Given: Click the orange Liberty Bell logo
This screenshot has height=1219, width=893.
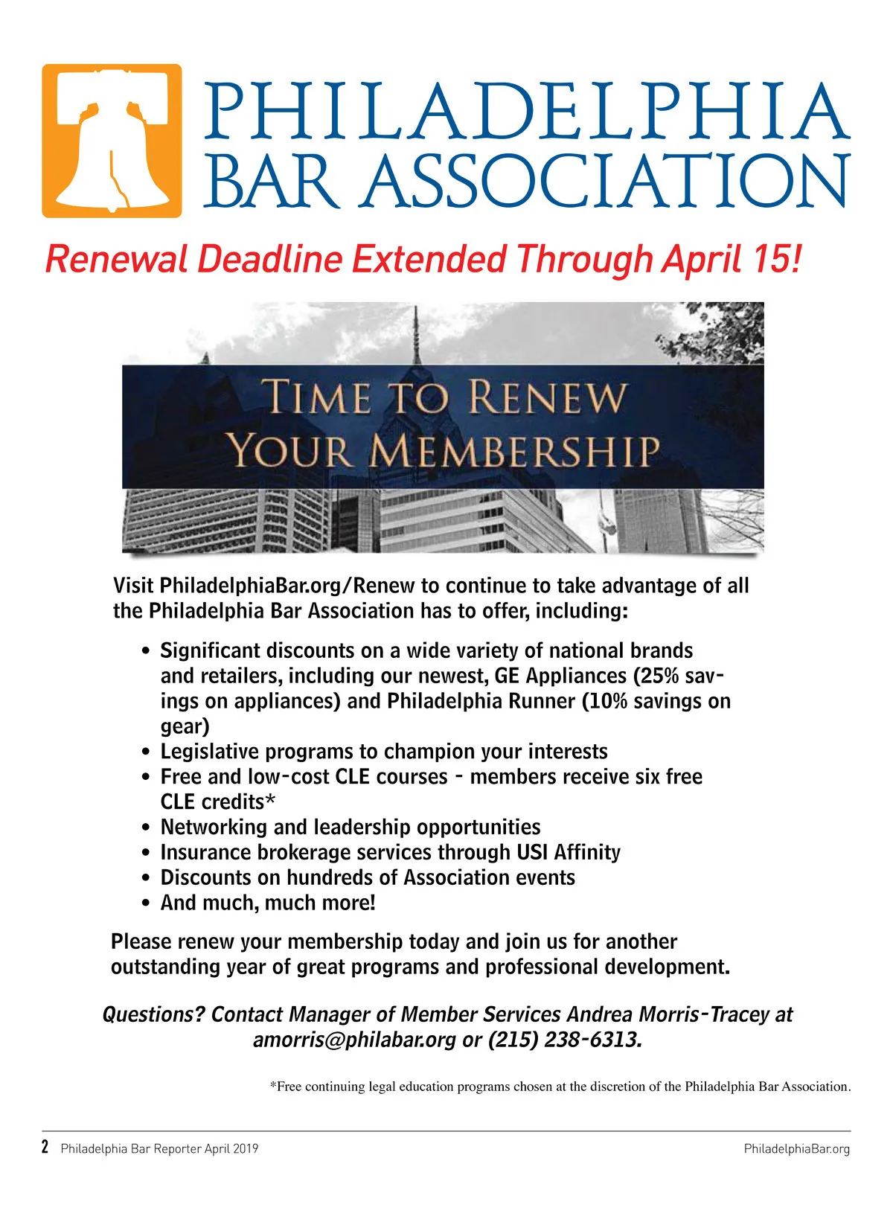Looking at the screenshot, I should [x=112, y=141].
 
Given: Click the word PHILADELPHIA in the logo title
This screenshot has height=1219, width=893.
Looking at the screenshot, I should [x=526, y=112].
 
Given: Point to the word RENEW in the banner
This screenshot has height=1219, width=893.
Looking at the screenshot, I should [x=548, y=397].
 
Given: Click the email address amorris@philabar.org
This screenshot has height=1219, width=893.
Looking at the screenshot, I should [x=354, y=1040].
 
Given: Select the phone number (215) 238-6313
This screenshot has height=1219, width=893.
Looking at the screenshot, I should [x=564, y=1040].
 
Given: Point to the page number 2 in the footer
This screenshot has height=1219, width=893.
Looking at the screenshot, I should [x=45, y=1147].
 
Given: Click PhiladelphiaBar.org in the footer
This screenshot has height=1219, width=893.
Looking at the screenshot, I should [x=796, y=1149].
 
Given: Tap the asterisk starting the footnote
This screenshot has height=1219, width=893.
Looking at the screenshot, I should [x=273, y=1085].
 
